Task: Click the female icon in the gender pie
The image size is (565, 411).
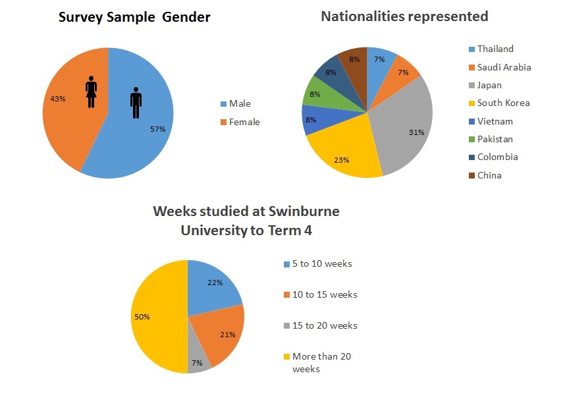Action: pyautogui.click(x=92, y=91)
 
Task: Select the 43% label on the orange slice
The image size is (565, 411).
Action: pyautogui.click(x=57, y=99)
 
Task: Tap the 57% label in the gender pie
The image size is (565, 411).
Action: pyautogui.click(x=157, y=130)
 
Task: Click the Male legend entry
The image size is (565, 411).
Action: pyautogui.click(x=239, y=103)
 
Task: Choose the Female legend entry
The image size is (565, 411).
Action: pyautogui.click(x=244, y=122)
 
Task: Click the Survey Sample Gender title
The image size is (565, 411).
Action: pyautogui.click(x=134, y=18)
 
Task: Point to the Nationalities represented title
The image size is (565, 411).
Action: pyautogui.click(x=404, y=16)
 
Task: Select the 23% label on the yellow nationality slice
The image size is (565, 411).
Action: pyautogui.click(x=342, y=159)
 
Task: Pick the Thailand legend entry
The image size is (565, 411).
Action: pyautogui.click(x=495, y=49)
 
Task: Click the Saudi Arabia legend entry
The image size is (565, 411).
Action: pyautogui.click(x=504, y=67)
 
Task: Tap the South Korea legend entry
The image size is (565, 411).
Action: pyautogui.click(x=503, y=103)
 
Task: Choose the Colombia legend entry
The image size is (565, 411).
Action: pyautogui.click(x=497, y=157)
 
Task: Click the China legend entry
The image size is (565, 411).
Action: pyautogui.click(x=489, y=175)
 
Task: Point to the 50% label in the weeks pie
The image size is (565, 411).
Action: pyautogui.click(x=142, y=317)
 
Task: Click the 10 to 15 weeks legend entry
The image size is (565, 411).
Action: pyautogui.click(x=325, y=294)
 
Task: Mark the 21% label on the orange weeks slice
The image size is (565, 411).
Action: pyautogui.click(x=228, y=335)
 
